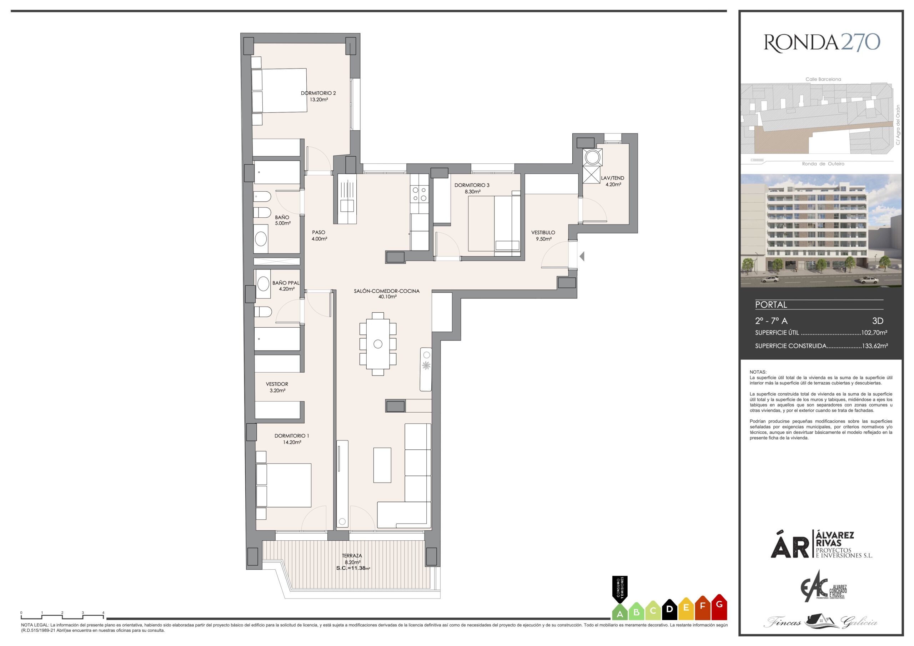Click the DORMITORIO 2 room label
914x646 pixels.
pos(318,93)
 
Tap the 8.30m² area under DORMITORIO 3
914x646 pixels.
pos(472,191)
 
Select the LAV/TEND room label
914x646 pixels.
pos(613,178)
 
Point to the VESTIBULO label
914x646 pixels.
pos(543,232)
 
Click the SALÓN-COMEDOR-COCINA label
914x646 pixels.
pos(387,291)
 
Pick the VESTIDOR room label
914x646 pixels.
pos(277,384)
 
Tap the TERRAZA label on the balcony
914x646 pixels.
pos(352,556)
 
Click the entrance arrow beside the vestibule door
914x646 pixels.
pos(582,256)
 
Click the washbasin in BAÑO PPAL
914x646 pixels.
pos(263,284)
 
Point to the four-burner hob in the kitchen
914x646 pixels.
pos(420,194)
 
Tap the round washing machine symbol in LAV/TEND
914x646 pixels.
pos(592,156)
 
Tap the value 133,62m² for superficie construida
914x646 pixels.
pos(875,346)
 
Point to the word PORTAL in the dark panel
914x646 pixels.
pos(771,305)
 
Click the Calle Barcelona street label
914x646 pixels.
pos(823,79)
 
